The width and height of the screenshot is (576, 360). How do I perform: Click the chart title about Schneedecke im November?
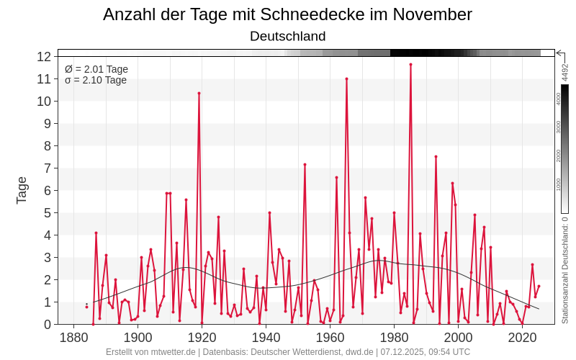pyautogui.click(x=288, y=14)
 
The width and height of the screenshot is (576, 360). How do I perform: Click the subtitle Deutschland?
pyautogui.click(x=288, y=36)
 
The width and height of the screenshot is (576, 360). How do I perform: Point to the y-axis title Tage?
pyautogui.click(x=22, y=190)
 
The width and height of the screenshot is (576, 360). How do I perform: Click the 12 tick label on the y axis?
pyautogui.click(x=44, y=56)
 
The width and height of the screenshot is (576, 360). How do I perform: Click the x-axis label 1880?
pyautogui.click(x=73, y=337)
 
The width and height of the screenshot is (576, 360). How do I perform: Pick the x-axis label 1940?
pyautogui.click(x=266, y=337)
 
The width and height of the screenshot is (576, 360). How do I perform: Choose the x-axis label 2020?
pyautogui.click(x=522, y=337)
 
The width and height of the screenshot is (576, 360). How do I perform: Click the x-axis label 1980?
pyautogui.click(x=394, y=337)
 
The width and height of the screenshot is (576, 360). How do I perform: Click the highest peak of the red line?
pyautogui.click(x=410, y=64)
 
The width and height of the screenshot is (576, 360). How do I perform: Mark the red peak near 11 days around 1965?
pyautogui.click(x=346, y=78)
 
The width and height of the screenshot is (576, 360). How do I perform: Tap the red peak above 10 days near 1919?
pyautogui.click(x=199, y=93)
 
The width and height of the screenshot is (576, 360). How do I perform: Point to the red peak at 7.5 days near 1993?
pyautogui.click(x=436, y=156)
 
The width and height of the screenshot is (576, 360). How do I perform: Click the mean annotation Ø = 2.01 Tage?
pyautogui.click(x=96, y=69)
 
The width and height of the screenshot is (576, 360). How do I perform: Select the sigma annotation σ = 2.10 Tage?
pyautogui.click(x=96, y=80)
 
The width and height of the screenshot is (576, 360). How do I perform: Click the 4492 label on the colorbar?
pyautogui.click(x=565, y=72)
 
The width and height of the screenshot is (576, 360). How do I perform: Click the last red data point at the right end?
pyautogui.click(x=539, y=286)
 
